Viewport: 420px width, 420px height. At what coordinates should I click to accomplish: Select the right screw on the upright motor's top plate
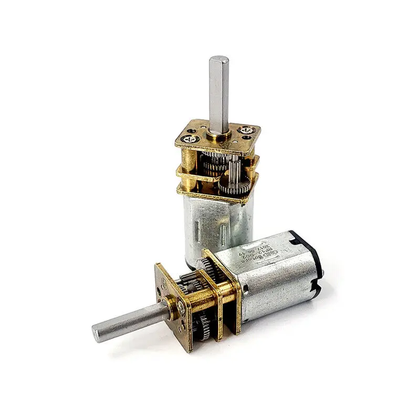[x=245, y=128]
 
